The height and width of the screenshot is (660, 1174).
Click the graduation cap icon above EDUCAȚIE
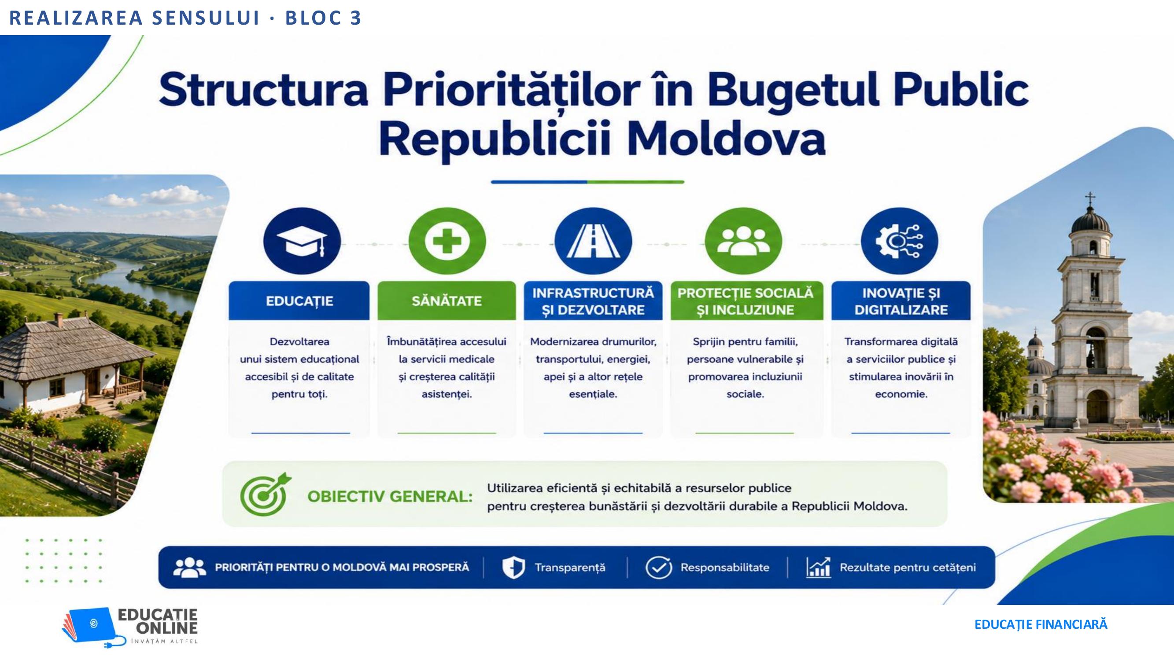302,241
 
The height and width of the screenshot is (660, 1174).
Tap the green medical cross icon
447,241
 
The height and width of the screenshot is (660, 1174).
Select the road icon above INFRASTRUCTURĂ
593,241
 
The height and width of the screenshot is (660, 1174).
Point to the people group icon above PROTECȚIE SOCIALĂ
743,241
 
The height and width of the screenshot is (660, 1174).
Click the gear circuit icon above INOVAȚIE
899,241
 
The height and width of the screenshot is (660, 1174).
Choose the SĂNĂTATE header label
447,301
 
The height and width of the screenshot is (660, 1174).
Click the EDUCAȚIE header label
299,301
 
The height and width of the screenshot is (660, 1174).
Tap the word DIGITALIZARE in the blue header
901,310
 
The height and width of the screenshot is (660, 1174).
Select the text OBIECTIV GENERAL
390,496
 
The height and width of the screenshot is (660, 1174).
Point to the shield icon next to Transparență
513,568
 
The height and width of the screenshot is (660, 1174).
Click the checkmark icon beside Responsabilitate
658,568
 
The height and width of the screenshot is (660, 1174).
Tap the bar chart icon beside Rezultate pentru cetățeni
818,568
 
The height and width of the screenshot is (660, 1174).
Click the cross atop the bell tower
1090,198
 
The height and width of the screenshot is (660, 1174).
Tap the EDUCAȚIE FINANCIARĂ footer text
1041,624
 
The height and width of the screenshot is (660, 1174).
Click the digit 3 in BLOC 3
355,18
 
